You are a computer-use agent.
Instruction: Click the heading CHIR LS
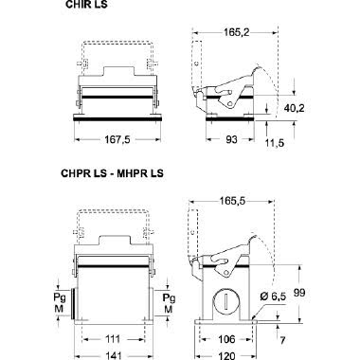(86, 5)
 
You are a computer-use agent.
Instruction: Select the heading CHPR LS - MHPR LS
(113, 173)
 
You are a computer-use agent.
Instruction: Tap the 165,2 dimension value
(237, 32)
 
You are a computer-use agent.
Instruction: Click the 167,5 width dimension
(117, 139)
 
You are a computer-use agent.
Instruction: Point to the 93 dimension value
(231, 139)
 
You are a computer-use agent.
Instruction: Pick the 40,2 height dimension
(294, 108)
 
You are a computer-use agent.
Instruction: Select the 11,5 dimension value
(275, 143)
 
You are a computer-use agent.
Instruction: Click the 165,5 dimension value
(232, 201)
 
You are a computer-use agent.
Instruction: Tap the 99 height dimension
(299, 293)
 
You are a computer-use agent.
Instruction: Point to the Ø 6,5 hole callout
(274, 297)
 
